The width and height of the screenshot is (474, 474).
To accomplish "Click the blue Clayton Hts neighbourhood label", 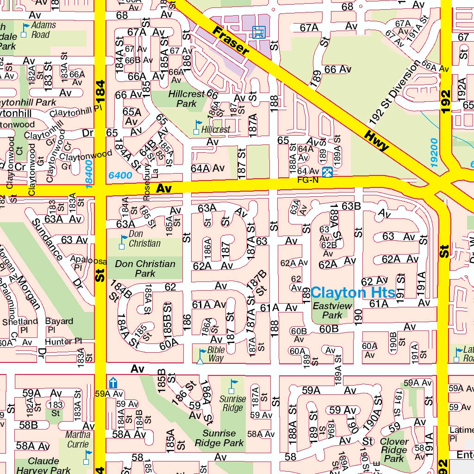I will tap(353, 293).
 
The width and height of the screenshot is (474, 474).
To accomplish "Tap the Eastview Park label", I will tap(332, 311).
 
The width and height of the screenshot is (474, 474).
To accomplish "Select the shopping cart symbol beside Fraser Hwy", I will tap(258, 31).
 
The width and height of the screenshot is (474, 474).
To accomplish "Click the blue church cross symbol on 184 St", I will tap(112, 383).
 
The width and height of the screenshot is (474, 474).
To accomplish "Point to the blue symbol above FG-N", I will tap(327, 172).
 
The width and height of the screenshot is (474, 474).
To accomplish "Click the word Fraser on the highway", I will tap(231, 41).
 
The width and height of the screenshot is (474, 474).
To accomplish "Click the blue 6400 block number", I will tap(120, 175).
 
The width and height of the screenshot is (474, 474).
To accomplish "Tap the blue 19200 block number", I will tap(433, 153).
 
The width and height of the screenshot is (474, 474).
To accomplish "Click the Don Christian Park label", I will tap(145, 268).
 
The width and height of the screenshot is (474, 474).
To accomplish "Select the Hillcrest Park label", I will tap(187, 99).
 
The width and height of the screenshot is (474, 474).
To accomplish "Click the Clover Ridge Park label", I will tap(394, 449).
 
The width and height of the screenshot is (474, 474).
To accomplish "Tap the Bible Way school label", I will tap(215, 354).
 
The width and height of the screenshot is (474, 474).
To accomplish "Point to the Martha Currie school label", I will tap(78, 439).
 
